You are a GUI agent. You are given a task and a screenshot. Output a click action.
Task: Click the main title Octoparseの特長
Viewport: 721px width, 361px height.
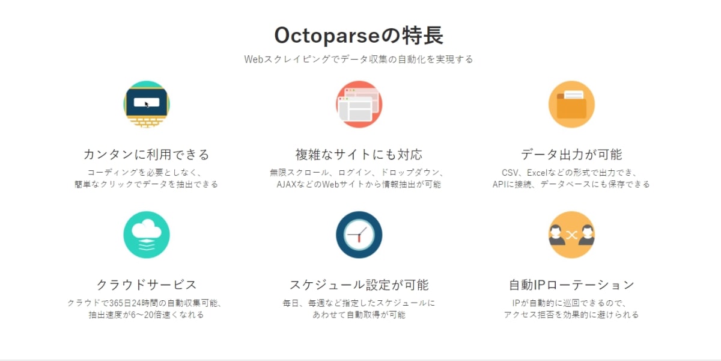pyautogui.click(x=359, y=35)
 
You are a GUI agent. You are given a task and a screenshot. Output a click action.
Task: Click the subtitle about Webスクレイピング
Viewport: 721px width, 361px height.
pyautogui.click(x=359, y=59)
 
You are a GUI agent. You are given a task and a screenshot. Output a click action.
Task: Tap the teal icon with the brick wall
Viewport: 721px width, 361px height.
pyautogui.click(x=147, y=104)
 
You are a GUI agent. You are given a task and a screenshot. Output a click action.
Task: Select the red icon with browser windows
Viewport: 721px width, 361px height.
pyautogui.click(x=359, y=104)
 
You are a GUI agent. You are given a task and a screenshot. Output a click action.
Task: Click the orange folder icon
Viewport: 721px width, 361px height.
pyautogui.click(x=571, y=104)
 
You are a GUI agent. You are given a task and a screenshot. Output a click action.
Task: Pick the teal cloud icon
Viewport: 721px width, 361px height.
pyautogui.click(x=147, y=235)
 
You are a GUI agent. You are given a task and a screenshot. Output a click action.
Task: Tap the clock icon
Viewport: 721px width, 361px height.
pyautogui.click(x=359, y=235)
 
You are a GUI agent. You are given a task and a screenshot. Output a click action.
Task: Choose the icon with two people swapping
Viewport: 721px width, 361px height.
pyautogui.click(x=571, y=235)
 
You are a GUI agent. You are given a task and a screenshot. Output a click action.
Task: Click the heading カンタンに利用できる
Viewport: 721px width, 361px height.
pyautogui.click(x=147, y=155)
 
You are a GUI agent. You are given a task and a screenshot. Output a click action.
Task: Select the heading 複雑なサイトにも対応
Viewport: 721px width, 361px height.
pyautogui.click(x=359, y=155)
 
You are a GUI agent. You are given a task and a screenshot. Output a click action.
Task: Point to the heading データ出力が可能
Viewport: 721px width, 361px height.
pyautogui.click(x=571, y=155)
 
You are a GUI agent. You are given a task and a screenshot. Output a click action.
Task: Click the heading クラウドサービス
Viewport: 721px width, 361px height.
pyautogui.click(x=147, y=285)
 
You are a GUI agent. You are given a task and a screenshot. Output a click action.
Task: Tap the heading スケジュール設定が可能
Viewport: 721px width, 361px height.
pyautogui.click(x=359, y=285)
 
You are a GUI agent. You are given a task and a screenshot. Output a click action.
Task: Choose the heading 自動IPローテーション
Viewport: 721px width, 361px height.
pyautogui.click(x=571, y=285)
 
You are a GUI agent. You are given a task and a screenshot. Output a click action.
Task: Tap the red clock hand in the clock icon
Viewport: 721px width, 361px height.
pyautogui.click(x=359, y=239)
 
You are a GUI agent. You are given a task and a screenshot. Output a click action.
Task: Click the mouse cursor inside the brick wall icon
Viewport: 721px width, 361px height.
pyautogui.click(x=147, y=104)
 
